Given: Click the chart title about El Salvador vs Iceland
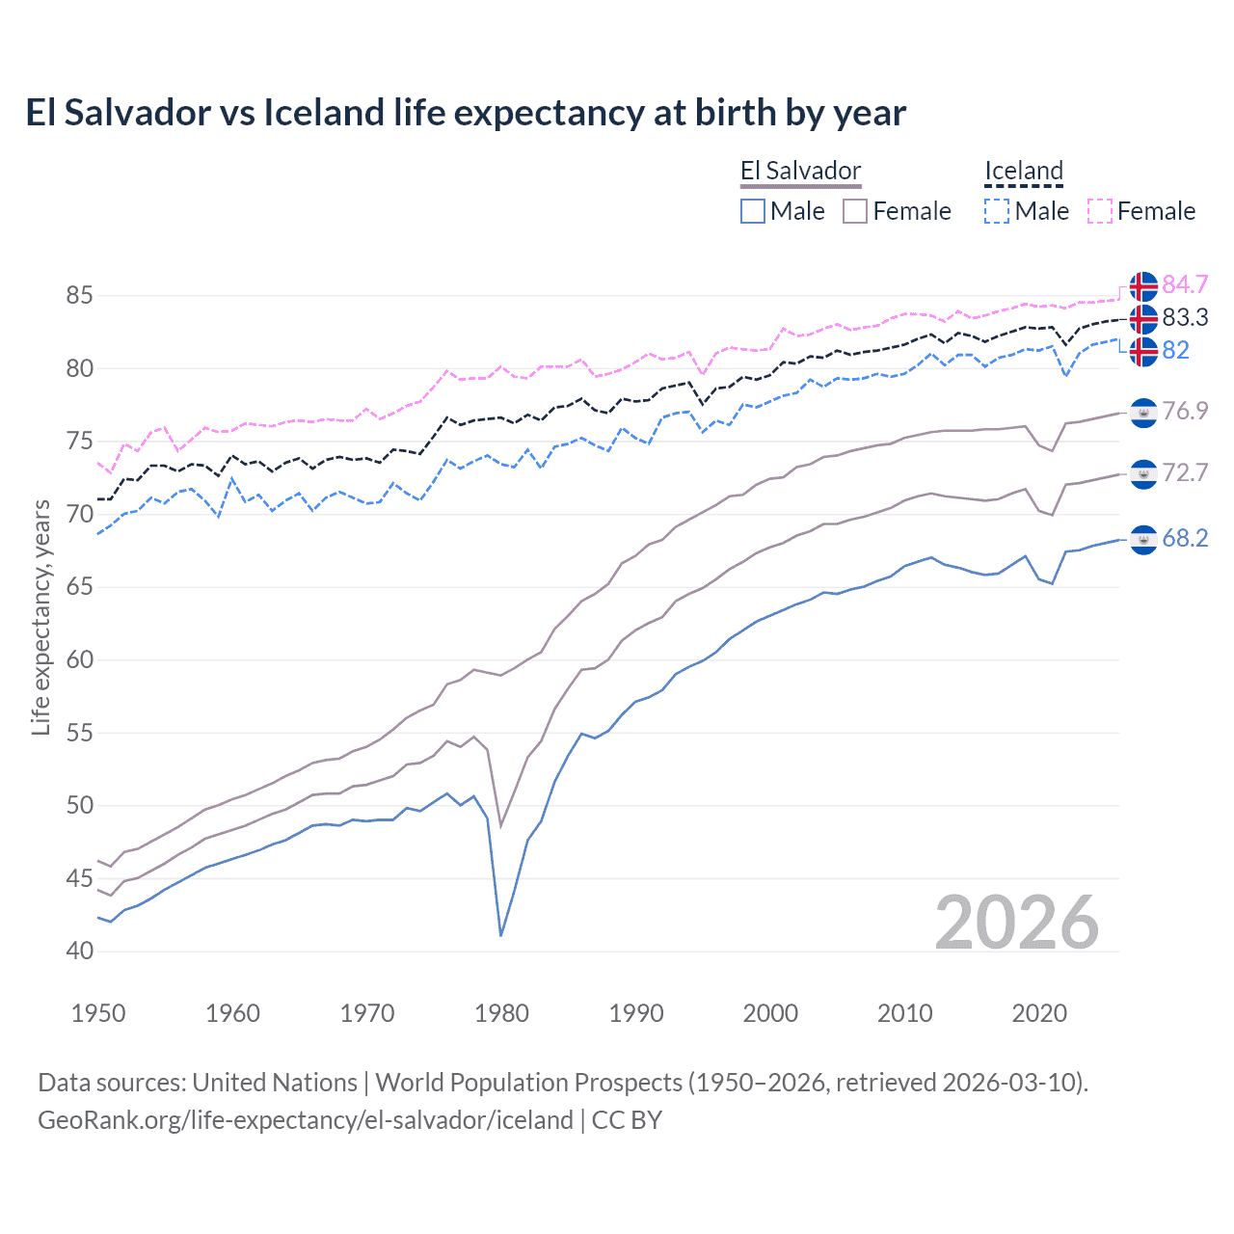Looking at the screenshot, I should click(x=466, y=113).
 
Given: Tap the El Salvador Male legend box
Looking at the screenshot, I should click(x=753, y=211).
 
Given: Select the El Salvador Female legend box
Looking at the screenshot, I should click(x=855, y=211).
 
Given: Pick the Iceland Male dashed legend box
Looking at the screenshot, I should click(x=997, y=211).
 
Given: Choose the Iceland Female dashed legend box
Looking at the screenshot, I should click(x=1100, y=211).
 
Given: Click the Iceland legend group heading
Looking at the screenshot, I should click(x=1023, y=172).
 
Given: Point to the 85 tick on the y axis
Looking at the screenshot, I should click(x=80, y=295).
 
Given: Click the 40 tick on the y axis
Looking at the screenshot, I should click(x=80, y=951).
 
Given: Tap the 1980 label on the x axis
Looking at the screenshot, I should click(x=501, y=1013).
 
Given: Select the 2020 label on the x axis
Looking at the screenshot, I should click(x=1039, y=1013).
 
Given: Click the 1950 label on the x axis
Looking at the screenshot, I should click(x=98, y=1013).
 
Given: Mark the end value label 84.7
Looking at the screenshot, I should click(x=1185, y=284).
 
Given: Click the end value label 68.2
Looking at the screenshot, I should click(x=1185, y=538).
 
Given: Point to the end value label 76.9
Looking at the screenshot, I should click(x=1185, y=411).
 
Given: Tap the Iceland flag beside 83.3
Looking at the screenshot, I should click(x=1143, y=318).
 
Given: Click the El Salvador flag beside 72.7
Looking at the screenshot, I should click(x=1143, y=473).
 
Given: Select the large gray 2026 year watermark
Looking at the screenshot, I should click(x=1017, y=923).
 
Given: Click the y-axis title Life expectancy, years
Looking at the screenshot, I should click(x=41, y=618).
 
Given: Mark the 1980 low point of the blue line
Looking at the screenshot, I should click(x=501, y=935).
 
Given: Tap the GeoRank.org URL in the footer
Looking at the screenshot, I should click(x=306, y=1120).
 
